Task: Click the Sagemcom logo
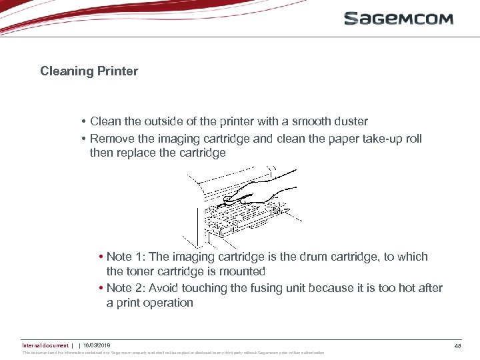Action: point(398,19)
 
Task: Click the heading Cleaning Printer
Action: point(89,71)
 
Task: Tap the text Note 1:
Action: point(129,257)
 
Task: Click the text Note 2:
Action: point(129,288)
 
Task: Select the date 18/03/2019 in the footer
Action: point(97,345)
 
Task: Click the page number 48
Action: point(457,346)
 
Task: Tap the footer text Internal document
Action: point(45,345)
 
